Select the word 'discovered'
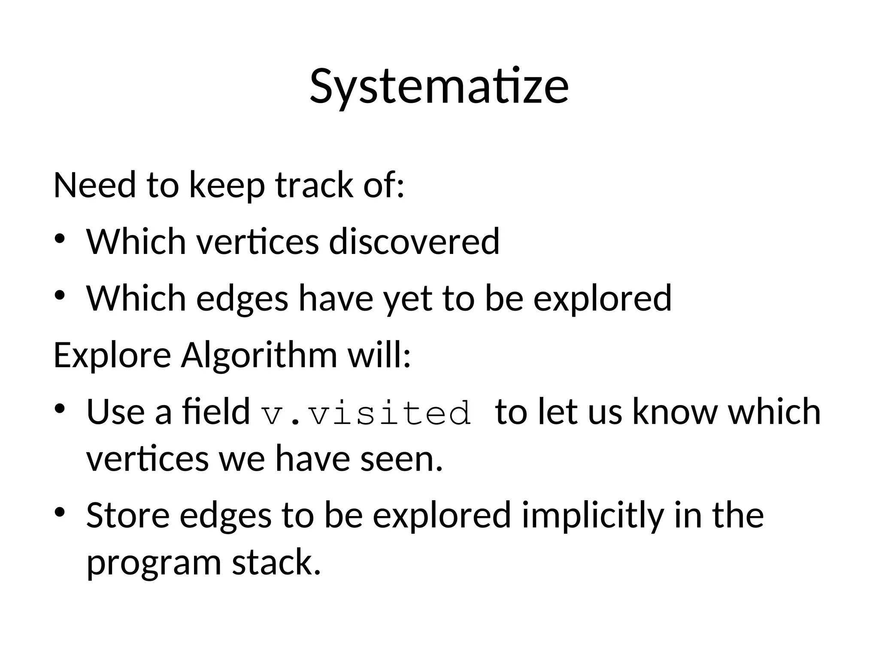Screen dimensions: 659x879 click(414, 242)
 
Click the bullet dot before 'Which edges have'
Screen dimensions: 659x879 click(59, 295)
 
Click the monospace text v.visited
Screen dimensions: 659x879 click(367, 413)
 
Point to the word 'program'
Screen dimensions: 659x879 click(154, 563)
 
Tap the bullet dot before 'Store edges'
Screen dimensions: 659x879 click(59, 511)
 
